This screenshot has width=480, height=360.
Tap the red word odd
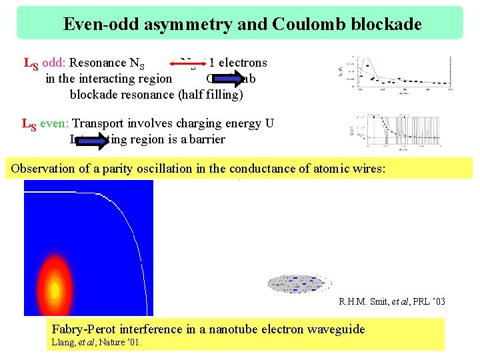(x=53, y=63)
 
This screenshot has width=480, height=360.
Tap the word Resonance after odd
(x=98, y=63)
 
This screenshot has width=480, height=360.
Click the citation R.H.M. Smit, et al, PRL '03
(x=391, y=302)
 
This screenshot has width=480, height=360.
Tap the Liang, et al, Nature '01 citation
(x=97, y=342)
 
